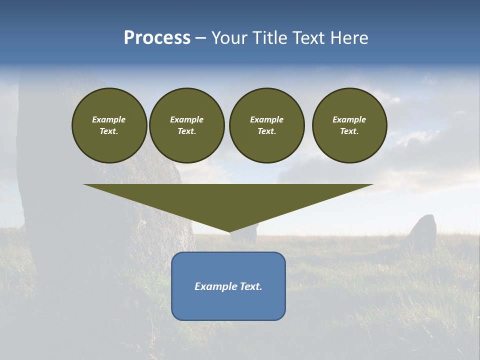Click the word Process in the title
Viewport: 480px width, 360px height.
click(x=157, y=38)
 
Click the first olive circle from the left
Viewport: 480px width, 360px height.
click(x=109, y=125)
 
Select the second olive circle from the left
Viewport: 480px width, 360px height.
click(x=186, y=125)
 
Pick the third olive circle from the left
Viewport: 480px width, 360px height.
click(x=266, y=125)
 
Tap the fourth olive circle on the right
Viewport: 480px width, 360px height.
click(x=349, y=125)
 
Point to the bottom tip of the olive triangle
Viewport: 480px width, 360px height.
click(x=229, y=231)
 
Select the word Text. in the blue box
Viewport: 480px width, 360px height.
click(x=250, y=286)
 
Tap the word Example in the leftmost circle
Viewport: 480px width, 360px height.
click(x=109, y=119)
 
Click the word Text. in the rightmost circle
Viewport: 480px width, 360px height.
click(x=349, y=131)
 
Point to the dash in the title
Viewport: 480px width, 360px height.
click(x=200, y=38)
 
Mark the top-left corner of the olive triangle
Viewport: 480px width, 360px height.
click(x=84, y=185)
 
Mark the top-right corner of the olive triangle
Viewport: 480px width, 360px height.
click(x=372, y=185)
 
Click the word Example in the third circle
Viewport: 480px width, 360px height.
click(x=266, y=119)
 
